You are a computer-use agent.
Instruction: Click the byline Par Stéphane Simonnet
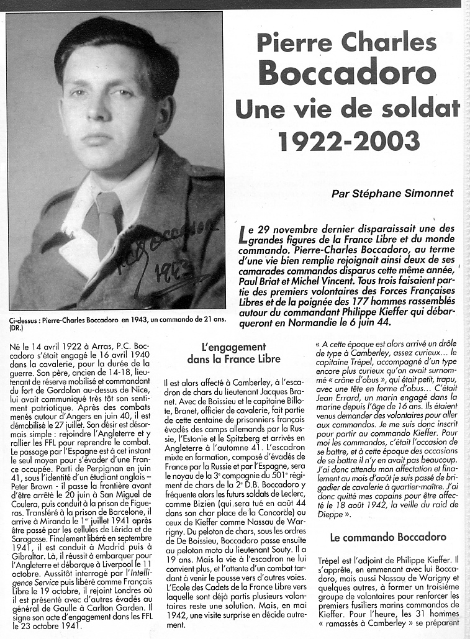click(400, 193)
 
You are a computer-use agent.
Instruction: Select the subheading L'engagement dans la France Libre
click(233, 353)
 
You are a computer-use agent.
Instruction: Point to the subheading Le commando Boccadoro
click(388, 537)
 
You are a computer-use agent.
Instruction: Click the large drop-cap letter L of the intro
click(244, 235)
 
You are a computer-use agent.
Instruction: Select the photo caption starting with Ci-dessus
click(118, 319)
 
